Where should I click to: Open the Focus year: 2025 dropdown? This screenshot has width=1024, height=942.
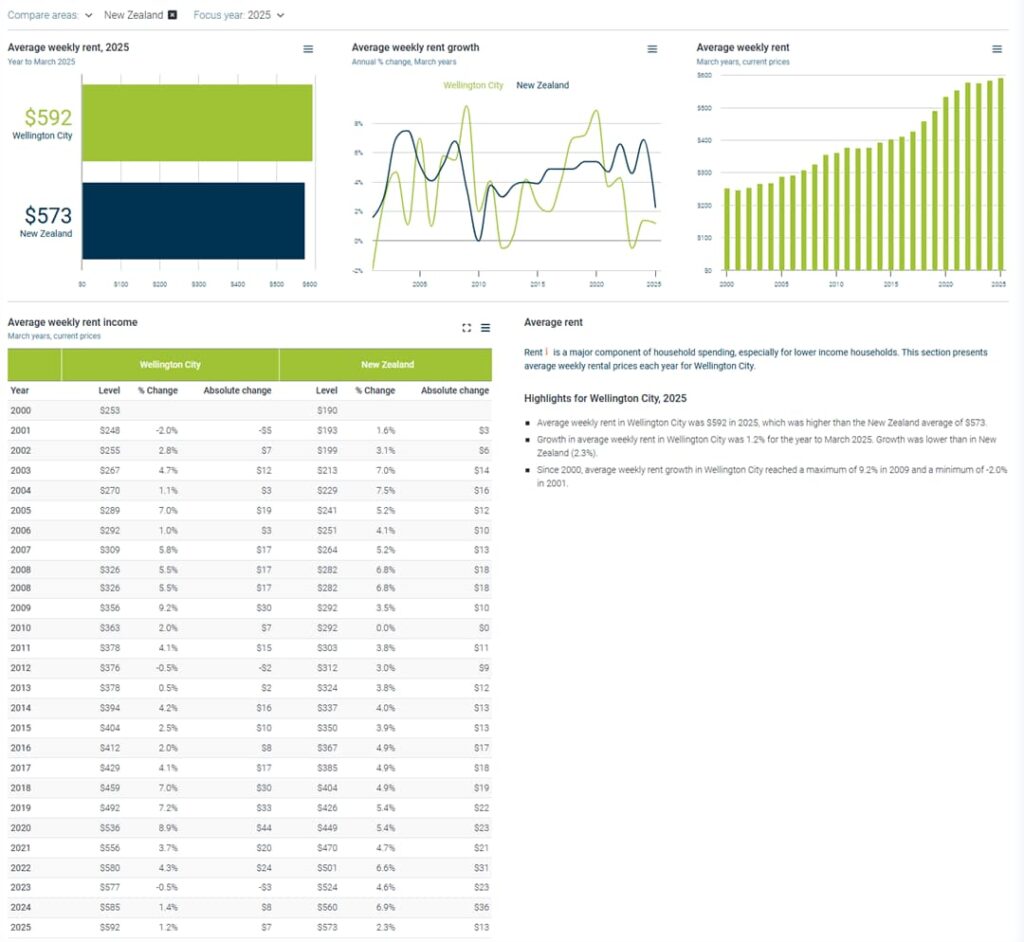pos(238,15)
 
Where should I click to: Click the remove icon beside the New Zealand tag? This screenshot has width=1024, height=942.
pos(172,15)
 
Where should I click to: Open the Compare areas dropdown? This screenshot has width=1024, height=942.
pos(50,15)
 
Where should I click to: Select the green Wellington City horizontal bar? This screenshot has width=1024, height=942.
pos(197,122)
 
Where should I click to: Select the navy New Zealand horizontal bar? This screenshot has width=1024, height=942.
pos(193,221)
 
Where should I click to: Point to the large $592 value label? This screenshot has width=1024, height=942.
pos(48,118)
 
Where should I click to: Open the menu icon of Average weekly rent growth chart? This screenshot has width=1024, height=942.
pos(652,49)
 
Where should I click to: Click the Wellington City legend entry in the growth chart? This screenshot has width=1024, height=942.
pos(473,86)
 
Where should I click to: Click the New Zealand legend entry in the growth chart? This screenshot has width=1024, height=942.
pos(542,86)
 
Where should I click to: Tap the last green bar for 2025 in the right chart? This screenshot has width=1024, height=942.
pos(1000,174)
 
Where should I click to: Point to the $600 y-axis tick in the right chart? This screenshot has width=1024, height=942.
pos(704,75)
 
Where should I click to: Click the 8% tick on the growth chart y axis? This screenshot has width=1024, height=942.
pos(358,124)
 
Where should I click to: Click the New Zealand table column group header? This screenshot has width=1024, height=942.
pos(385,365)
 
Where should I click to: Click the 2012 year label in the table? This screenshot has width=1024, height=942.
pos(21,668)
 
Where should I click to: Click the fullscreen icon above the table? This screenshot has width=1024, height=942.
pos(466,327)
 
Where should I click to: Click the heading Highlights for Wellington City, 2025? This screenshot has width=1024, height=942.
pos(605,398)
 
